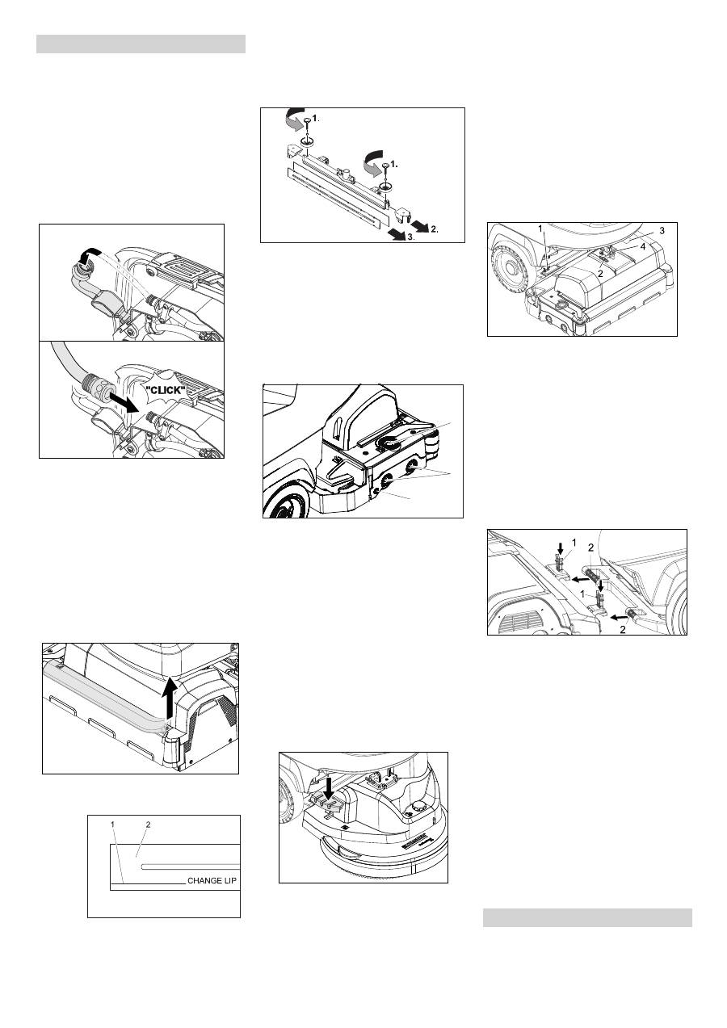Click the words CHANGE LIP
coord(213,881)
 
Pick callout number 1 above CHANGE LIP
coord(113,824)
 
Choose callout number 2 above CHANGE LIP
coord(147,824)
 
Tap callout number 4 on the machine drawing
coord(644,247)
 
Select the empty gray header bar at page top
coord(141,44)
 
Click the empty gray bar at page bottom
coord(587,917)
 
